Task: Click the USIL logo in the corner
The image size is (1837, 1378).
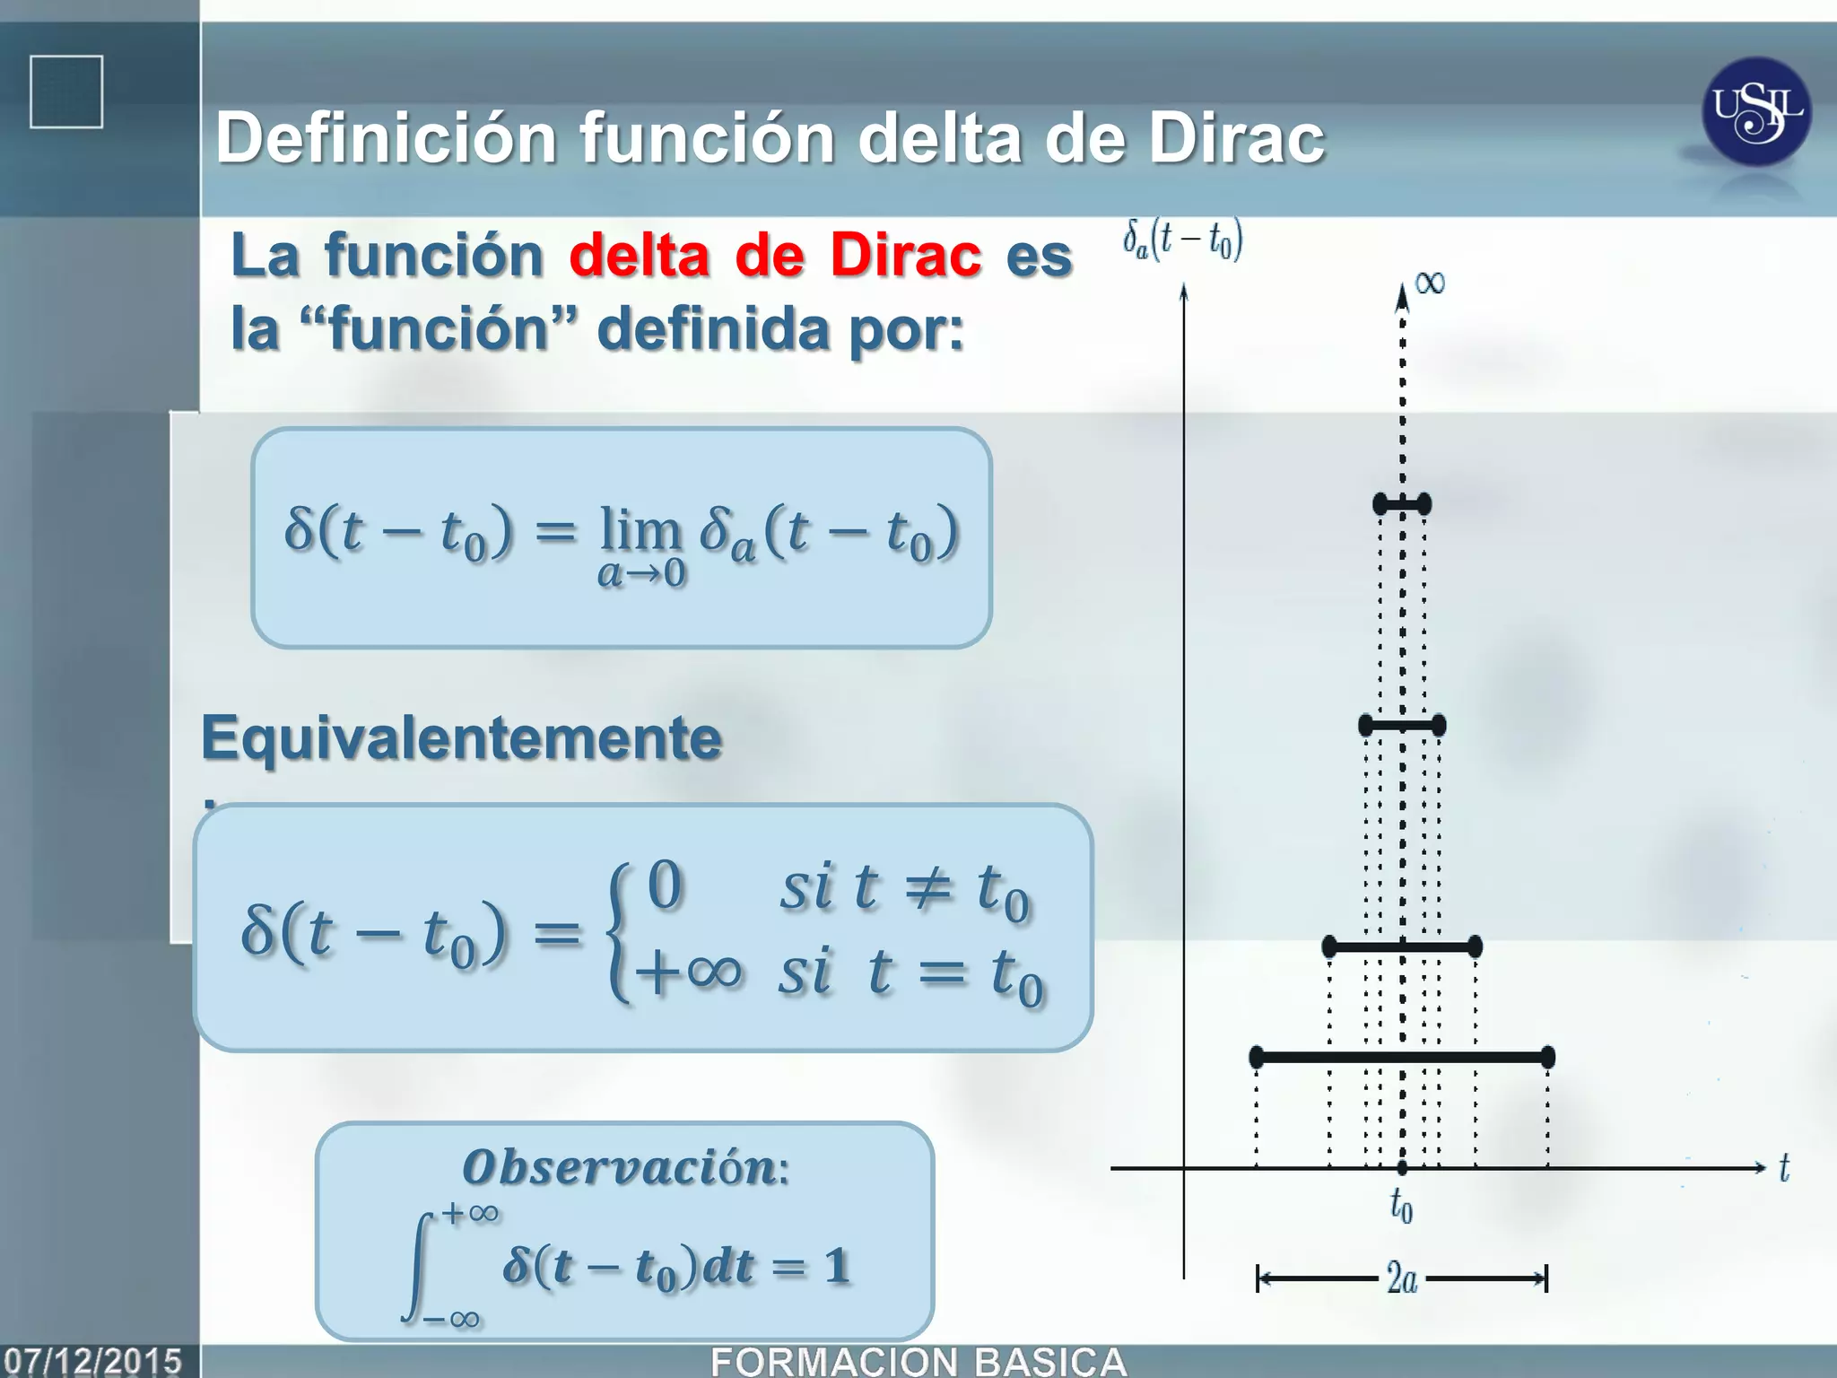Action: click(x=1755, y=111)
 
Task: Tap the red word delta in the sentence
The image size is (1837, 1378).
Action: click(x=639, y=257)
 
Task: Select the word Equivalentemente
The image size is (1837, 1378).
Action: click(x=461, y=738)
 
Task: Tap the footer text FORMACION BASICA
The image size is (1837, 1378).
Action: click(x=918, y=1362)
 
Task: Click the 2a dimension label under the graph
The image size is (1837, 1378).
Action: click(x=1401, y=1278)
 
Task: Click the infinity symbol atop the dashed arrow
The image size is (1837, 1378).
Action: click(x=1430, y=283)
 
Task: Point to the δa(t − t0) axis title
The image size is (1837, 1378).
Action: click(x=1183, y=240)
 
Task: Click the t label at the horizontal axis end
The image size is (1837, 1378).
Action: click(x=1784, y=1168)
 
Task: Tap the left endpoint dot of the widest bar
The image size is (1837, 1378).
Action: click(x=1257, y=1057)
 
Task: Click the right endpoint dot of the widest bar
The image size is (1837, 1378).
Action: click(x=1547, y=1057)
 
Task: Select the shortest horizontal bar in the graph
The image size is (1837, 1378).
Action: click(x=1402, y=504)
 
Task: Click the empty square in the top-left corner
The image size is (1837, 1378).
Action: click(x=66, y=92)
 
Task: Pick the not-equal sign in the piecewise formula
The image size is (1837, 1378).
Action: click(x=927, y=887)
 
